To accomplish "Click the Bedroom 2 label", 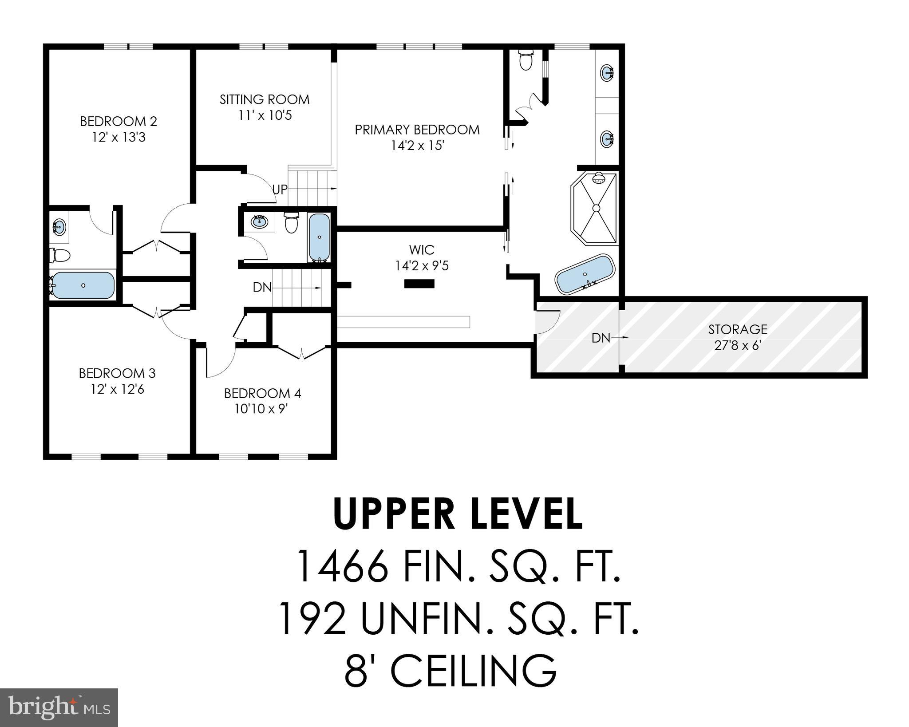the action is [x=119, y=121].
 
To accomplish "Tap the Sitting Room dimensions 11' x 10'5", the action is [x=265, y=115].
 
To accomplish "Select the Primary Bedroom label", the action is [x=417, y=130].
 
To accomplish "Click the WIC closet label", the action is [x=422, y=250].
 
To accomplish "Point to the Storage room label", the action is [x=738, y=329].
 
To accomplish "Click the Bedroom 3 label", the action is [x=117, y=373].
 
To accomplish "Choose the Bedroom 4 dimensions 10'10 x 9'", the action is [x=262, y=409].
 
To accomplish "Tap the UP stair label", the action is [x=280, y=190].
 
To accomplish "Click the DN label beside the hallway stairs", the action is [x=262, y=288].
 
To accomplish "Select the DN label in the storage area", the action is [x=601, y=338].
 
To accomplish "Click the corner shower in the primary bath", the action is [x=594, y=208].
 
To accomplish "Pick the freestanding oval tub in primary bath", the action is [x=585, y=274].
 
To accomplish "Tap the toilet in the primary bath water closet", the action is [x=526, y=60].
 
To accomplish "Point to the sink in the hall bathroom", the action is [x=259, y=221].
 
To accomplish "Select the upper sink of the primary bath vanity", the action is [x=607, y=72].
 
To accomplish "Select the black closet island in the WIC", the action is [x=419, y=284].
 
